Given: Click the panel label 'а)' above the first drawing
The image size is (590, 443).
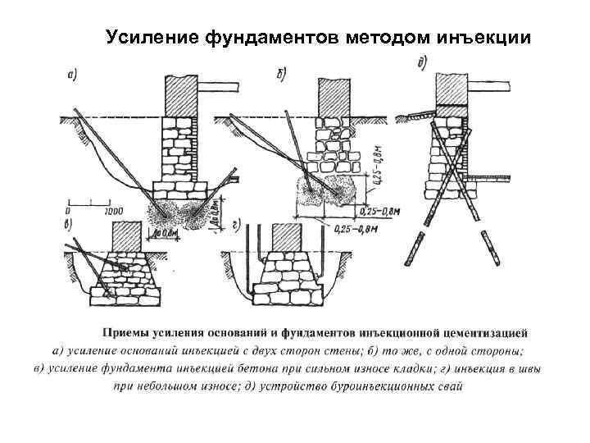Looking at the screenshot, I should pyautogui.click(x=73, y=76).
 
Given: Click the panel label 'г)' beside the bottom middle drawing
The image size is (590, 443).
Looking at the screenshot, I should pyautogui.click(x=236, y=222).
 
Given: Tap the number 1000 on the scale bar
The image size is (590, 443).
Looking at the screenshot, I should pyautogui.click(x=104, y=208).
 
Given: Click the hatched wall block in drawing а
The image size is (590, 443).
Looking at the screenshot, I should pyautogui.click(x=181, y=95).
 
